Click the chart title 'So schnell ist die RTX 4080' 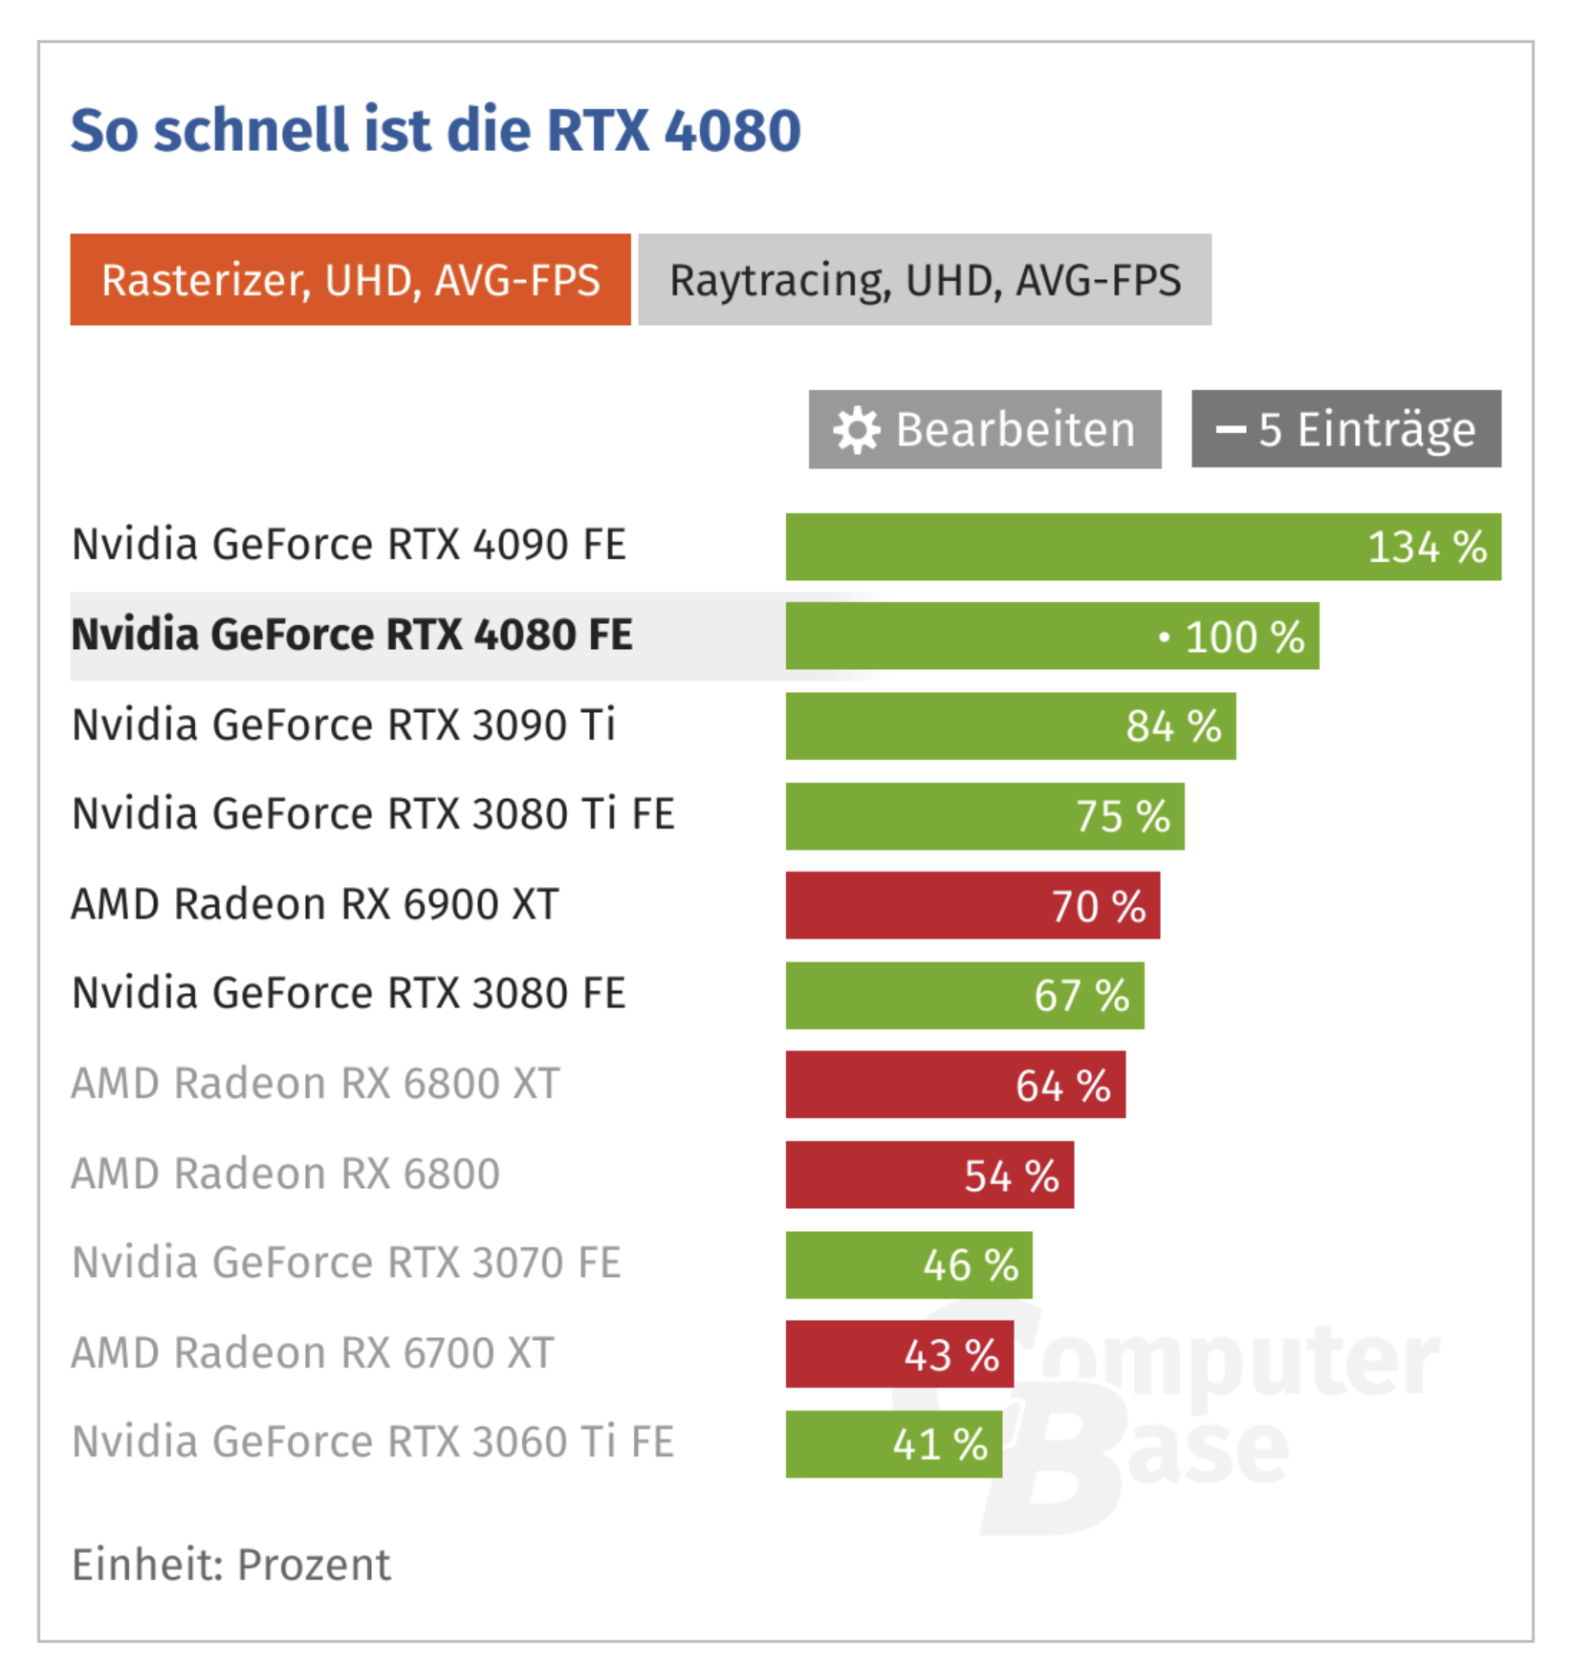pyautogui.click(x=435, y=130)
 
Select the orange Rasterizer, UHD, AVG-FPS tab pyautogui.click(x=350, y=280)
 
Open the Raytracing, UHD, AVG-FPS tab pyautogui.click(x=924, y=280)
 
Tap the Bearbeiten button pyautogui.click(x=985, y=429)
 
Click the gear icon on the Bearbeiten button pyautogui.click(x=856, y=430)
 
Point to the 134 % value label pyautogui.click(x=1426, y=548)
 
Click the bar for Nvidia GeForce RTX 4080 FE pyautogui.click(x=1052, y=637)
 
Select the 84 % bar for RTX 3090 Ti pyautogui.click(x=1010, y=726)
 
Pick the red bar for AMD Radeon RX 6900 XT pyautogui.click(x=972, y=905)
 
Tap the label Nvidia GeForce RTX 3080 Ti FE pyautogui.click(x=373, y=814)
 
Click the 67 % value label pyautogui.click(x=1081, y=996)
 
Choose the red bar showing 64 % pyautogui.click(x=955, y=1085)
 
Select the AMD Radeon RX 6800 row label pyautogui.click(x=285, y=1174)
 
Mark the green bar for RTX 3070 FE pyautogui.click(x=908, y=1264)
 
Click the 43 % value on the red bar pyautogui.click(x=951, y=1355)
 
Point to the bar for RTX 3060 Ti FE pyautogui.click(x=893, y=1444)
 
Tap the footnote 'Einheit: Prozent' pyautogui.click(x=231, y=1565)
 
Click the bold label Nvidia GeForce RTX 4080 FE pyautogui.click(x=352, y=636)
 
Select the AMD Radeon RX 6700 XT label pyautogui.click(x=313, y=1353)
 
